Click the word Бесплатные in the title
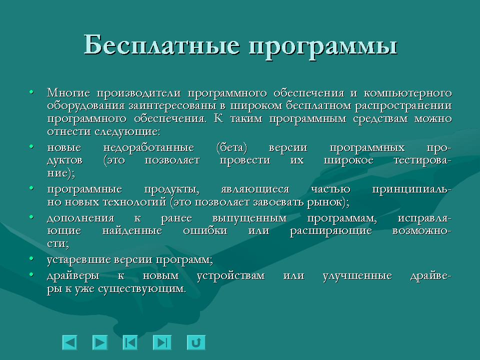pyautogui.click(x=160, y=46)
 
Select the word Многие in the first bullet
pyautogui.click(x=68, y=93)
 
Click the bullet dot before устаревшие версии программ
pyautogui.click(x=32, y=258)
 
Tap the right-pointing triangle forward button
pyautogui.click(x=100, y=342)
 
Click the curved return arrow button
pyautogui.click(x=196, y=342)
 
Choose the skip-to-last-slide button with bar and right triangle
pyautogui.click(x=161, y=342)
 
